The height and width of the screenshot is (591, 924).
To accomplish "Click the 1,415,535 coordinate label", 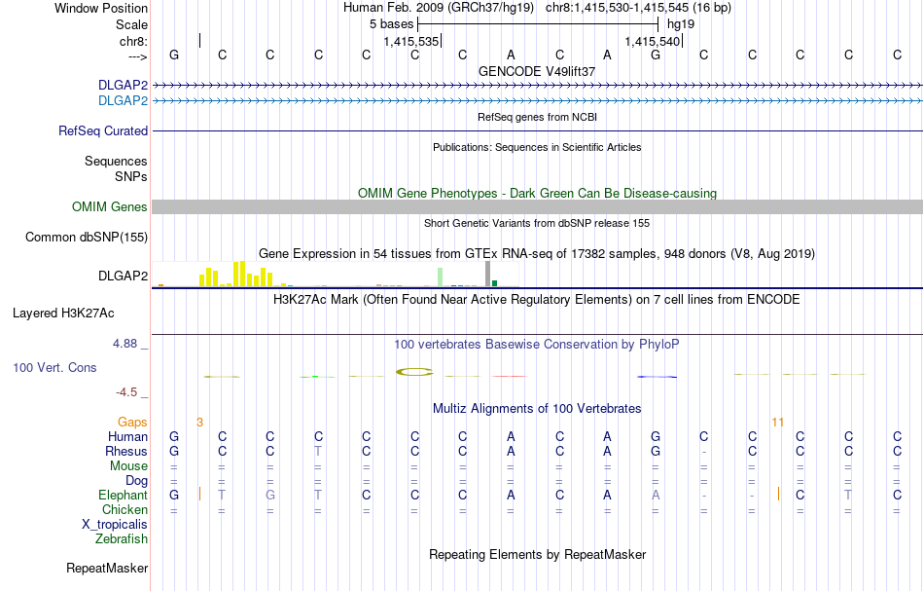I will [x=411, y=42].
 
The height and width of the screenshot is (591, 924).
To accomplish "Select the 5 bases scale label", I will [x=391, y=23].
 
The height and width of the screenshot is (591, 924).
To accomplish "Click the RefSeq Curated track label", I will [x=103, y=130].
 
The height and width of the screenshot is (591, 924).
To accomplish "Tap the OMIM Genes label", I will [x=110, y=206].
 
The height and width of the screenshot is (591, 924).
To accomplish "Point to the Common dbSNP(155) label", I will [x=87, y=237].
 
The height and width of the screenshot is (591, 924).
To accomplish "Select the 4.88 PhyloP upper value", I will [x=127, y=344].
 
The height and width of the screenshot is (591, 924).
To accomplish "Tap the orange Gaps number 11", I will [x=777, y=423].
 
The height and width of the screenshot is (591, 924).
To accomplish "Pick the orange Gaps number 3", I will [x=199, y=423].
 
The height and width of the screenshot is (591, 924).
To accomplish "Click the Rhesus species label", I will [x=126, y=452].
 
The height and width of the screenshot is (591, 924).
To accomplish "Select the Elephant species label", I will [x=123, y=496].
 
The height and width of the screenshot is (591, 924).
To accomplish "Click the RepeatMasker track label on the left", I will [x=107, y=568].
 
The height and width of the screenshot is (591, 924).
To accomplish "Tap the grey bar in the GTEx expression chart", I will [x=487, y=275].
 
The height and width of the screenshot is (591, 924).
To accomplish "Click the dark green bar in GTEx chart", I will [x=495, y=283].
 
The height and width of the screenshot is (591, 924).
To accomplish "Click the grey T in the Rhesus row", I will [x=318, y=452].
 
